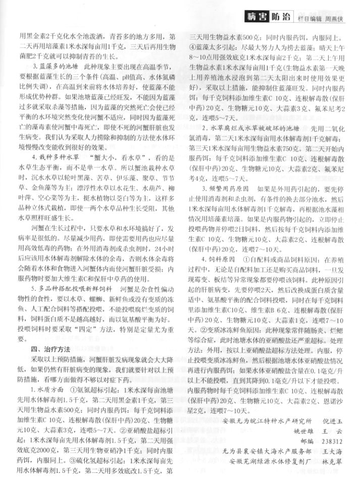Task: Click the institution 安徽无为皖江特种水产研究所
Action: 267,420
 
